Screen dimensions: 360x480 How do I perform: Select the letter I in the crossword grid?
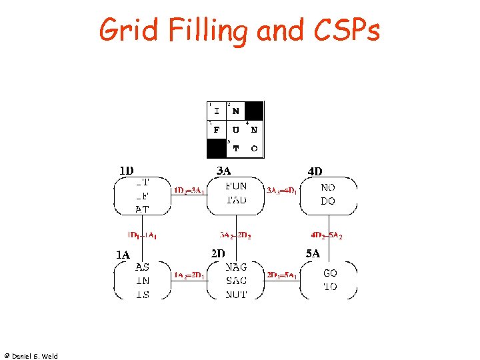pos(217,111)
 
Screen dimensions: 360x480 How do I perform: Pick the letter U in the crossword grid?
pos(235,130)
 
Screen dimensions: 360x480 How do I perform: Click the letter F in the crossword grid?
pos(217,130)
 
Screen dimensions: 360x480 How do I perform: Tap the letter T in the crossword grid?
pos(235,149)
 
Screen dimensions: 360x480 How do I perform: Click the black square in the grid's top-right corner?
pos(254,111)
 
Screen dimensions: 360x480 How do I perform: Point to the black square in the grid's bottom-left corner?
pos(217,148)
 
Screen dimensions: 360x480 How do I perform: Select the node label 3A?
pos(224,171)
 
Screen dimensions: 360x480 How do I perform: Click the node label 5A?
pos(313,253)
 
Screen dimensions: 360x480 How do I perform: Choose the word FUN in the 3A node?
pos(236,187)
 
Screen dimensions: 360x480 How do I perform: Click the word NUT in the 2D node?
pos(236,294)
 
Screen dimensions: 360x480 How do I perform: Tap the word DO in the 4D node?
pos(328,201)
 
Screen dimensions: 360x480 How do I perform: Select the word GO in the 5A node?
pos(330,273)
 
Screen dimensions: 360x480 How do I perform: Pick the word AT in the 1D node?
pos(142,209)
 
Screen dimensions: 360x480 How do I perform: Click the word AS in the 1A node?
pos(142,267)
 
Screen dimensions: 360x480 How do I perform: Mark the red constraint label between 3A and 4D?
pos(282,191)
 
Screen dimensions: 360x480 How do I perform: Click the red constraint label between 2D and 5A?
pos(281,275)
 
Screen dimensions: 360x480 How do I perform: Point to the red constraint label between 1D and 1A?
pos(142,235)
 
